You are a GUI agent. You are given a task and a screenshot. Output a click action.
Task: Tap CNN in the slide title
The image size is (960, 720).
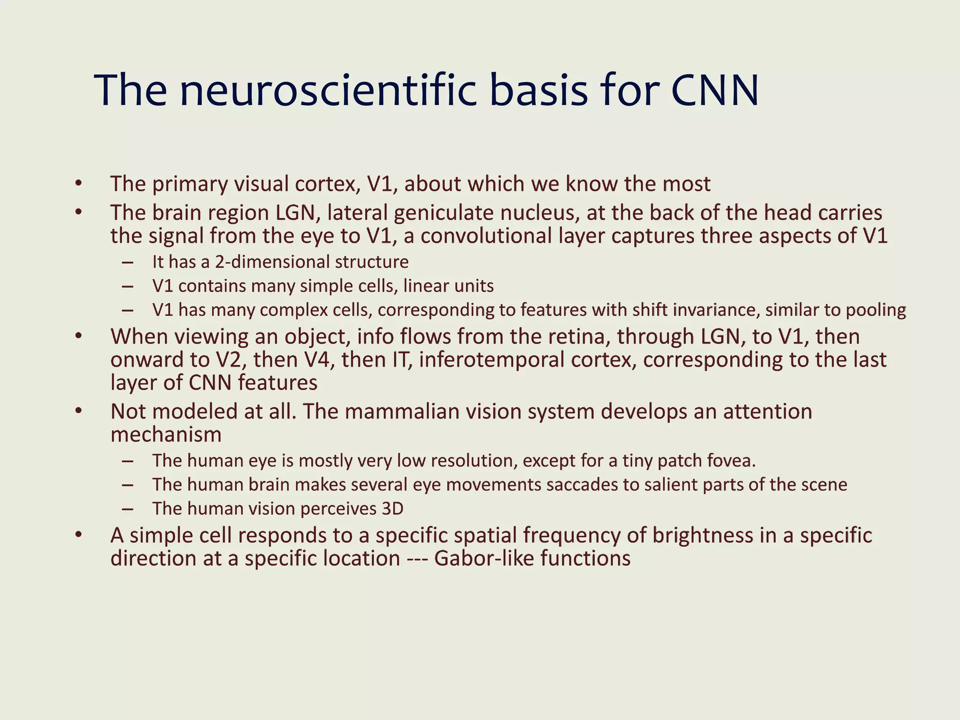pyautogui.click(x=714, y=90)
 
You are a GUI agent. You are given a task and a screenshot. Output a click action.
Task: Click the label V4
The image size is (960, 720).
pyautogui.click(x=319, y=360)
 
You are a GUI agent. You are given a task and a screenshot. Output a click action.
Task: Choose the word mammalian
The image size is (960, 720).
pyautogui.click(x=393, y=412)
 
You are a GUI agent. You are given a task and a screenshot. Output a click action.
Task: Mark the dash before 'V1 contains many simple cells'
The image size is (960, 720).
pyautogui.click(x=127, y=286)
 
